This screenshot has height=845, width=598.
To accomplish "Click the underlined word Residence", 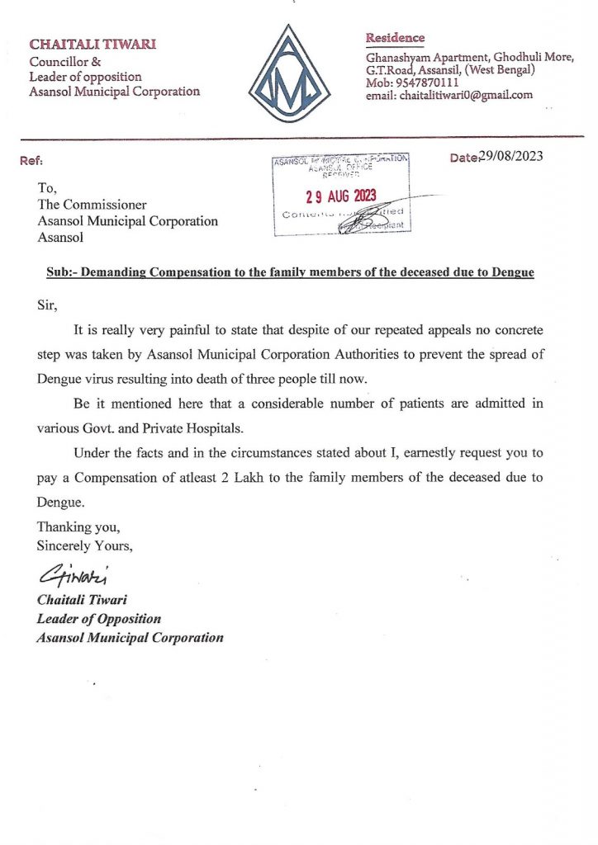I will tap(395, 38).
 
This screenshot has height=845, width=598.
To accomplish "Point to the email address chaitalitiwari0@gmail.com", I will tap(467, 96).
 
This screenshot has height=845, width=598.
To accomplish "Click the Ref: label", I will tap(31, 161).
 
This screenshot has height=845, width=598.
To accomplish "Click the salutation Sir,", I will tap(47, 305).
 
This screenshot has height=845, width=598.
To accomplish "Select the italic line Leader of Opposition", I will tap(99, 618).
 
